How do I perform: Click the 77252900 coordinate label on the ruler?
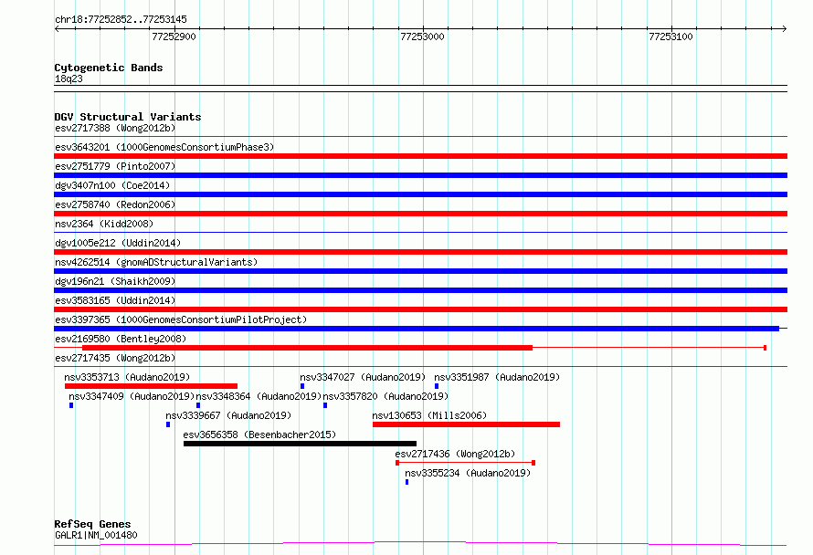click(174, 37)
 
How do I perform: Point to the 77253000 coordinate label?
click(422, 37)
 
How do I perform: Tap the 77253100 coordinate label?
click(670, 37)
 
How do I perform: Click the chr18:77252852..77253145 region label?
click(121, 20)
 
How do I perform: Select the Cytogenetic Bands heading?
click(109, 68)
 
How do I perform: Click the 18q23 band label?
click(69, 79)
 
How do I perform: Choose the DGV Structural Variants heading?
click(128, 117)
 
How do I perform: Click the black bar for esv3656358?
click(300, 444)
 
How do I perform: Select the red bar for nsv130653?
click(466, 424)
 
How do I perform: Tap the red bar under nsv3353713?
click(151, 386)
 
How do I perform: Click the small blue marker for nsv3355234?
click(407, 482)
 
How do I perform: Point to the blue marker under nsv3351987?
click(437, 386)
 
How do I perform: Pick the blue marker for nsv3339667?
click(168, 424)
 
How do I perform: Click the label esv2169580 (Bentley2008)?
click(121, 339)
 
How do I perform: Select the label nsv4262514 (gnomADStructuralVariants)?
click(156, 262)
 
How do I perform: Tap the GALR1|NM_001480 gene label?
click(96, 535)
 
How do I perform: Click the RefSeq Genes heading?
click(92, 525)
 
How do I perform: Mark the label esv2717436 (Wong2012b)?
click(455, 454)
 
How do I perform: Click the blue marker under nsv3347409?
click(71, 405)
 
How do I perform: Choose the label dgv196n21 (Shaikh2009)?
click(115, 281)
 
